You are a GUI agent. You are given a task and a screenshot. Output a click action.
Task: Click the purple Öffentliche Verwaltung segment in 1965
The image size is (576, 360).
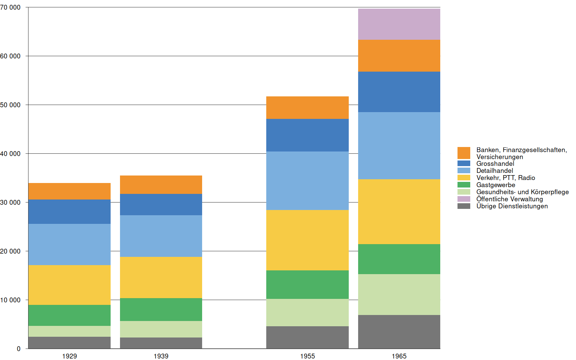pos(399,24)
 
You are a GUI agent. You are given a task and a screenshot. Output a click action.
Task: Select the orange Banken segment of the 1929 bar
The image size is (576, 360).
pos(69,191)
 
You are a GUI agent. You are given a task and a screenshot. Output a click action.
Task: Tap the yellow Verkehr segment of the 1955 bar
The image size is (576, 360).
pos(307,240)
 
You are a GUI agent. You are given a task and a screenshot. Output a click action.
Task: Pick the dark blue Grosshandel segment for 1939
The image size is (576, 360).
pos(161,204)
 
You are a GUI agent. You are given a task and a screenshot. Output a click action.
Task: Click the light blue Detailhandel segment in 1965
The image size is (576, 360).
pos(399,145)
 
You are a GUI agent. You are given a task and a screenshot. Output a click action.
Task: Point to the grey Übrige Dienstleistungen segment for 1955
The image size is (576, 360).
pos(307,337)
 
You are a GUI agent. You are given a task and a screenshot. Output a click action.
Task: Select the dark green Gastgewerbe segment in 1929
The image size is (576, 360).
pos(69,315)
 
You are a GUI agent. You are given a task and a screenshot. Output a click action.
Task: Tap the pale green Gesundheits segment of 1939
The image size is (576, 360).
pos(161,329)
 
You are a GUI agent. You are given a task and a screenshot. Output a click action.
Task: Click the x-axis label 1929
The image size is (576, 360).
pos(69,356)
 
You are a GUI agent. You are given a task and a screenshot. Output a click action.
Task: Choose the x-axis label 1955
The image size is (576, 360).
pos(307,356)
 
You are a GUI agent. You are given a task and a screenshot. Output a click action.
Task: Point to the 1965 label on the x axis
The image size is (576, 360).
pos(399,356)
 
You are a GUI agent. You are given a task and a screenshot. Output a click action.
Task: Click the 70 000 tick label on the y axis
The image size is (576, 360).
pos(10,7)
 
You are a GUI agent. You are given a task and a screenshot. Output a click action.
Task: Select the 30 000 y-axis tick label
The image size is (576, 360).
pos(10,202)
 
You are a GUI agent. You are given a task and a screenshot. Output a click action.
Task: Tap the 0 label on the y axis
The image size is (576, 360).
pos(19,349)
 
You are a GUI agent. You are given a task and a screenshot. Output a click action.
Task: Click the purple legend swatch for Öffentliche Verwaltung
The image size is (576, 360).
pos(463,199)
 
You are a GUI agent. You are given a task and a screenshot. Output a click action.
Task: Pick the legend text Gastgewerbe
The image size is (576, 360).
pos(495,185)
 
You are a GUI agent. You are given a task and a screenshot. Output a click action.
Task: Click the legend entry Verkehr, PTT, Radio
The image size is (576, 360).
pos(505,178)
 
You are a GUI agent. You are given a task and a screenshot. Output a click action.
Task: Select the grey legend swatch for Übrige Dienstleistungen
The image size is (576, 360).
pos(463,206)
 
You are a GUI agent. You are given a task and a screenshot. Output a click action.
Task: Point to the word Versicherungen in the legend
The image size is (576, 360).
pos(499,157)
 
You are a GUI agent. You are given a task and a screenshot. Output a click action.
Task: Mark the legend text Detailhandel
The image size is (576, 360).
pos(495,171)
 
